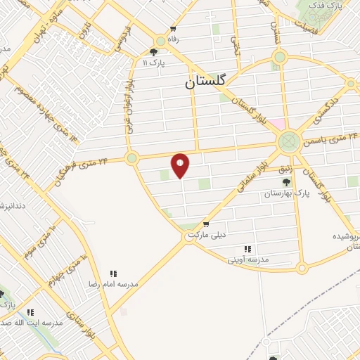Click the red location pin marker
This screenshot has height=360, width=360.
tap(181, 165)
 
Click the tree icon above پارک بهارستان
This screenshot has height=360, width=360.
tap(285, 183)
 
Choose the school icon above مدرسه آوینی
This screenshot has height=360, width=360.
tap(247, 249)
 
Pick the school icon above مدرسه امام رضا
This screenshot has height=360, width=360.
tap(112, 274)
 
